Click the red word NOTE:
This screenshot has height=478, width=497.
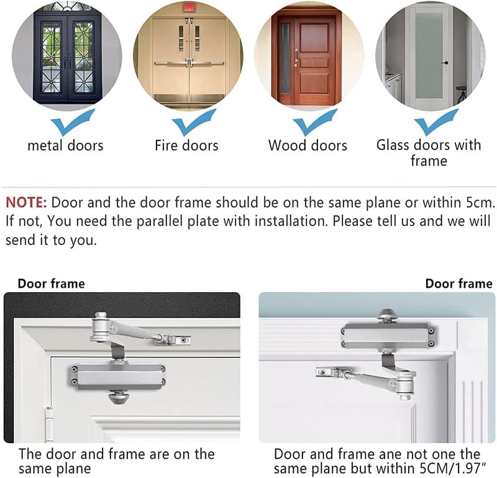coord(26,203)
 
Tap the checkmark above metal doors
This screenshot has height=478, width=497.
coord(73,122)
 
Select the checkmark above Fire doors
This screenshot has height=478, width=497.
coord(194,122)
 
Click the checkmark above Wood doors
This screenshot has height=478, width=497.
coord(315,122)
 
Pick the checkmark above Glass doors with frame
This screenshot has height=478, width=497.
coord(436,122)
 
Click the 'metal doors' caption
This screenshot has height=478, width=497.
coord(66,145)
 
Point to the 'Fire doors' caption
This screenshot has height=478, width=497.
coord(187,145)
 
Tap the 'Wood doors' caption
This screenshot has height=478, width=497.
coord(308,145)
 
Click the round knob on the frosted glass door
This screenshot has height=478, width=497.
coord(445,63)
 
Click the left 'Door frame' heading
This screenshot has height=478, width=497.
coord(52,283)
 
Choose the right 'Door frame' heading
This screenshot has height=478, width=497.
coord(459,283)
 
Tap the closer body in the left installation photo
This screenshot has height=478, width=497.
coord(117,377)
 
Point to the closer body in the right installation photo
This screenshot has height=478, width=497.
coord(388,336)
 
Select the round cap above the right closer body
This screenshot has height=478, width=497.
coord(387,315)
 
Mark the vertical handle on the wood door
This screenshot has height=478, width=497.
coord(296,58)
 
